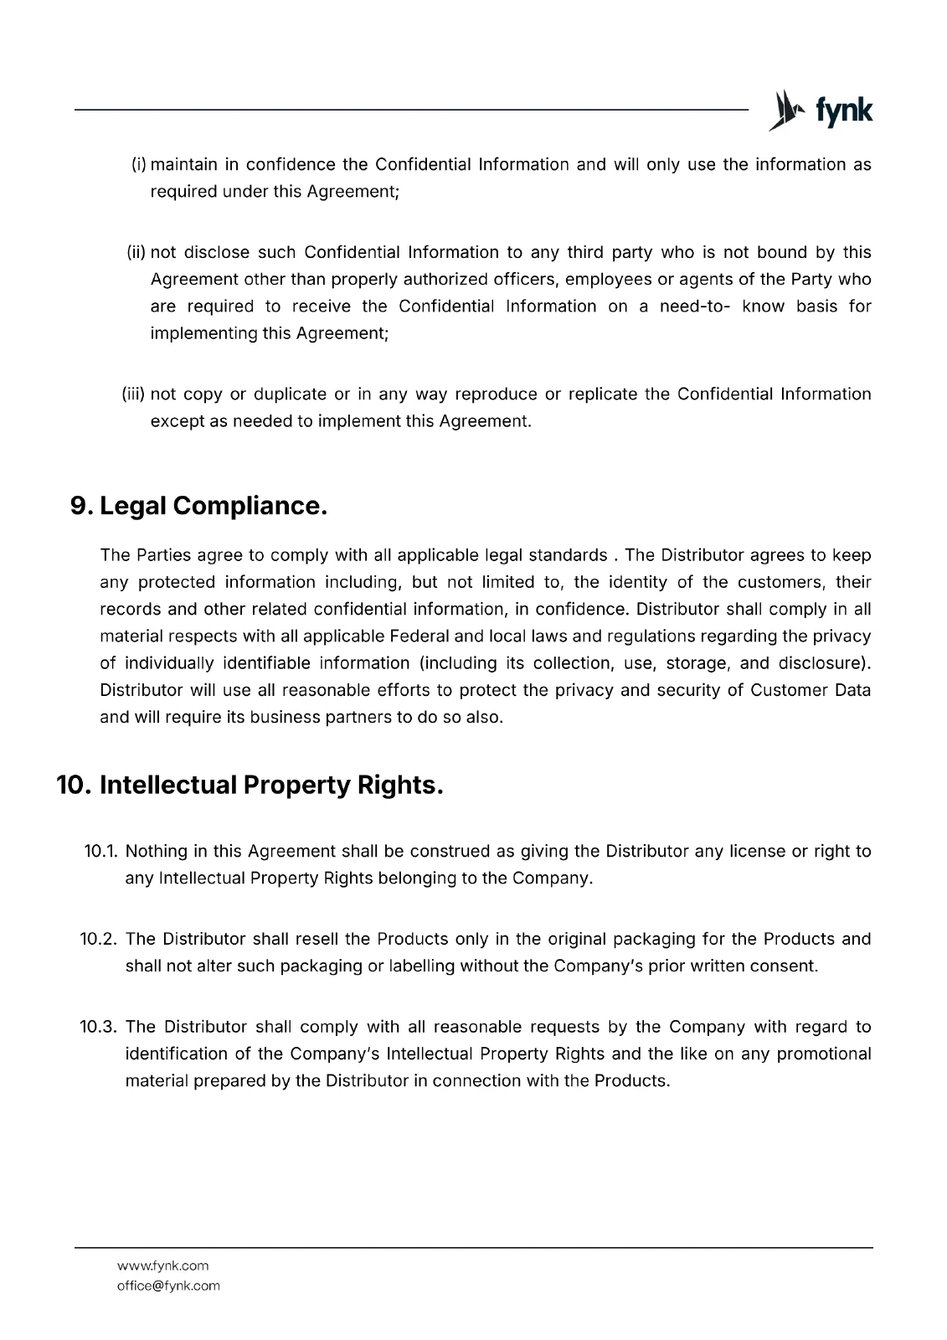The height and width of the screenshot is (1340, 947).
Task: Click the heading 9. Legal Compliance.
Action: (x=198, y=506)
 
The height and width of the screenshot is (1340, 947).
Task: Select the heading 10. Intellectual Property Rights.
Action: (x=250, y=785)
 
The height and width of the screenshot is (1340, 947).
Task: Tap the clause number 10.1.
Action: (x=101, y=852)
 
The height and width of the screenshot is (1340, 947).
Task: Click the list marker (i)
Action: (x=139, y=164)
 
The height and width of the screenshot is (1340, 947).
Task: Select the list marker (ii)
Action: (x=136, y=252)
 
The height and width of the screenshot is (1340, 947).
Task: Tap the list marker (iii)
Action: (x=134, y=394)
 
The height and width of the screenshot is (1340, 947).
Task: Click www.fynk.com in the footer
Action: (x=162, y=1265)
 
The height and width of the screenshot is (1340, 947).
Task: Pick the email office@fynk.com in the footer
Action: (x=168, y=1286)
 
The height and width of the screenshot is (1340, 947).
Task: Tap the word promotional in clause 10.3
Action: (x=824, y=1054)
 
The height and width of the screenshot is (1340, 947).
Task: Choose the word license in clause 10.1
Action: (x=757, y=852)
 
